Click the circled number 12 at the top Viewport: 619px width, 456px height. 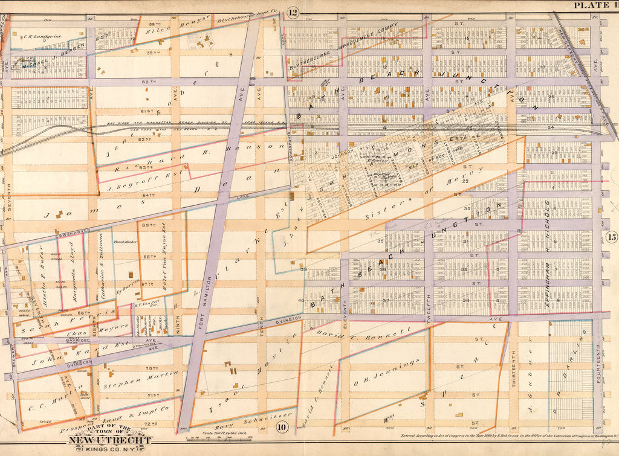click(x=294, y=12)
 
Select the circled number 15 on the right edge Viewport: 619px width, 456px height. click(x=611, y=237)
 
